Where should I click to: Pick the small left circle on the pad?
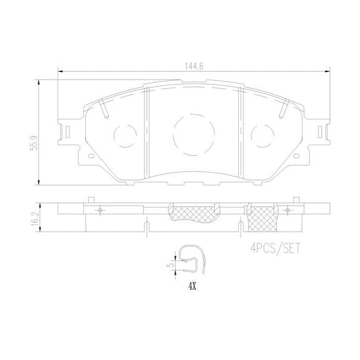point(125,136)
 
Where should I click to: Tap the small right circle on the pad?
point(262,136)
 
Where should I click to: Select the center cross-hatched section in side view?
point(193,212)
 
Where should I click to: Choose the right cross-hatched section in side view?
point(262,217)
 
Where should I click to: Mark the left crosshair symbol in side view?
point(100,209)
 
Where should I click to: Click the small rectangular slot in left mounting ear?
point(67,131)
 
